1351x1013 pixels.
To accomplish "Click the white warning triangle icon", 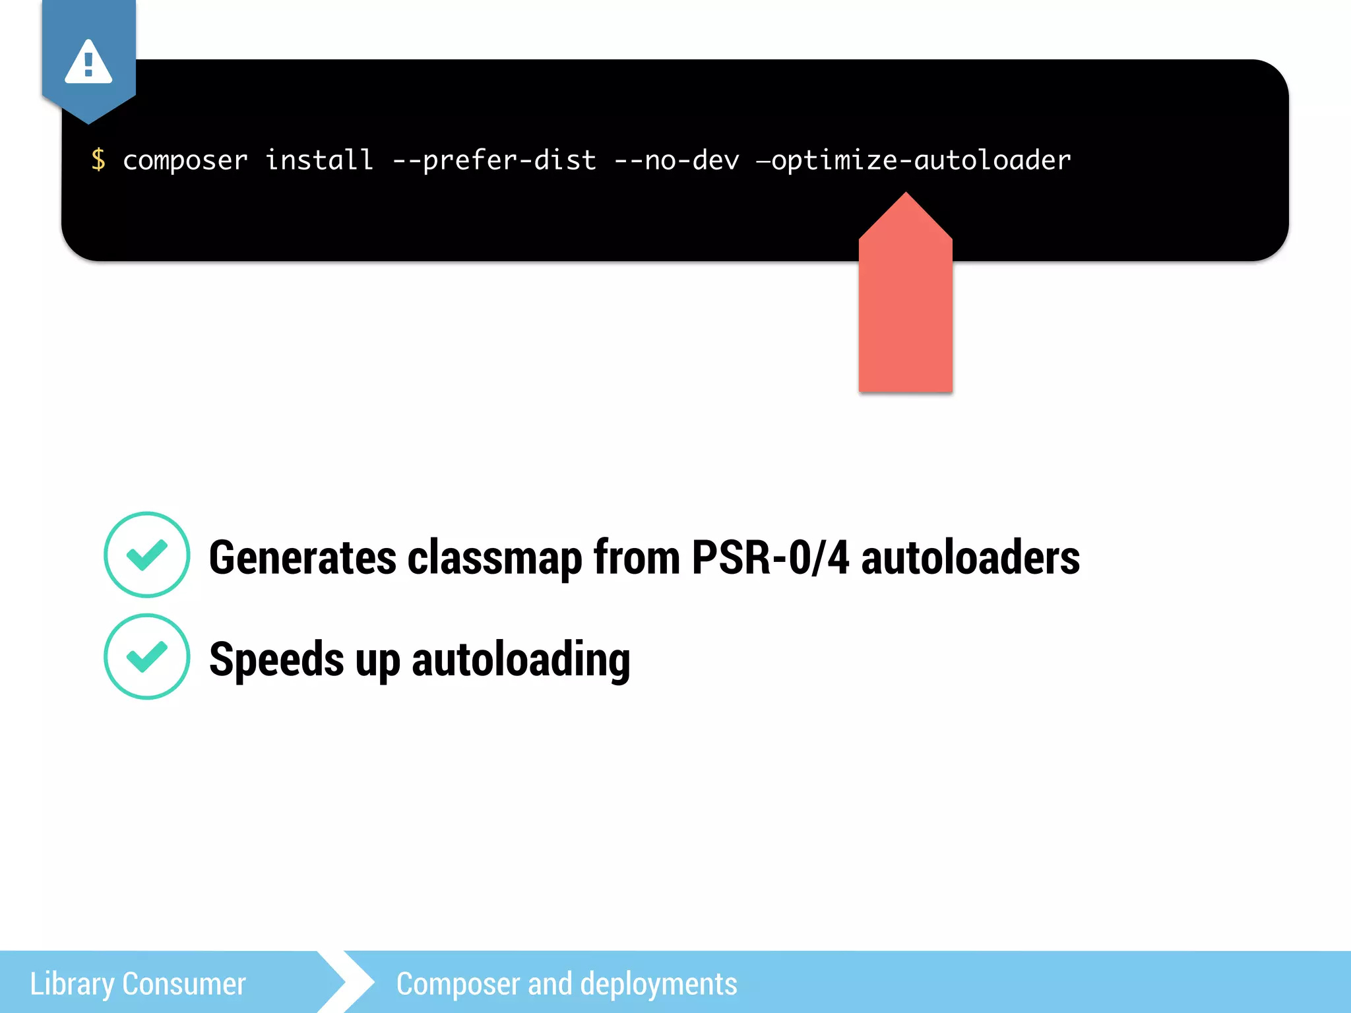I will click(88, 63).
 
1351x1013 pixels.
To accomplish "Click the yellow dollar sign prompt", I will click(98, 160).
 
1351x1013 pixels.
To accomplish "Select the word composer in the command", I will click(185, 160).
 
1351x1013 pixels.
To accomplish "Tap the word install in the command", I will click(319, 160).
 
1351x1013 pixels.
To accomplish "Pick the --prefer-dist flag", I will click(494, 160).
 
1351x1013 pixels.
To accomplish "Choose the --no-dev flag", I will click(677, 160).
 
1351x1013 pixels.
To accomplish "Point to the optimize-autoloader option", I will click(914, 160).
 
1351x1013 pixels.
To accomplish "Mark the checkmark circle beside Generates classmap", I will click(147, 555).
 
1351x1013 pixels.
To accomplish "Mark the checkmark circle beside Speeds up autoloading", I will click(147, 656).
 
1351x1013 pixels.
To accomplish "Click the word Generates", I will click(303, 558).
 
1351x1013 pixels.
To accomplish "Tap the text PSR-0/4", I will click(770, 558).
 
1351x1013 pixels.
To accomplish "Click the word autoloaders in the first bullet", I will click(970, 558).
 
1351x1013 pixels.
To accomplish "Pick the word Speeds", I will click(276, 660).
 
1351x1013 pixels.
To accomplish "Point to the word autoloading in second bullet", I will click(520, 660).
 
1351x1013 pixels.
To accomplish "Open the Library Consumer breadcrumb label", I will click(138, 983).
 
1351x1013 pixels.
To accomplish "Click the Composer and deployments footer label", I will click(566, 983).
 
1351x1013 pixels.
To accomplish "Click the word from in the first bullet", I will click(637, 558).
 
